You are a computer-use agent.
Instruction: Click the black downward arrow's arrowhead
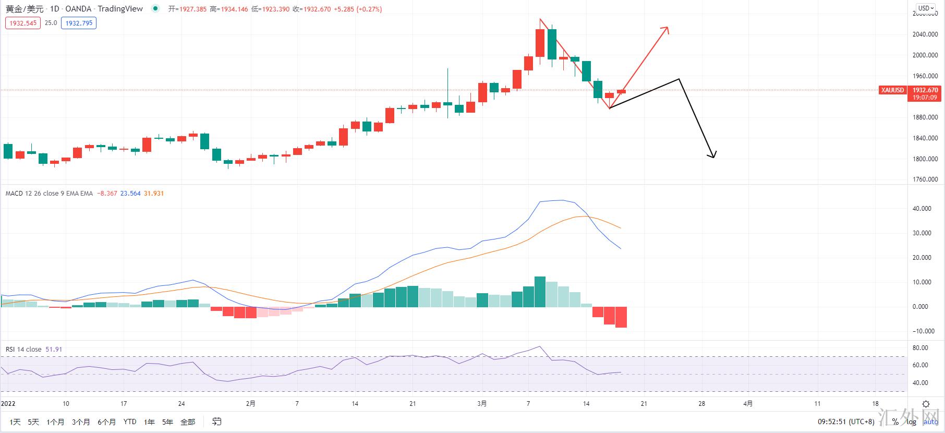point(713,155)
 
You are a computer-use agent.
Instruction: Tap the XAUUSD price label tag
point(892,90)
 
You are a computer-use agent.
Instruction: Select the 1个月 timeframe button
point(55,422)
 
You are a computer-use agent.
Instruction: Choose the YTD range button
point(130,422)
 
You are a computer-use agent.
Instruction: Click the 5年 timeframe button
point(167,422)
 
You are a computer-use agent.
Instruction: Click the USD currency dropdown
point(926,8)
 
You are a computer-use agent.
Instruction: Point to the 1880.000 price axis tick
point(925,117)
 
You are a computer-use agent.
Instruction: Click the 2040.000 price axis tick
point(925,34)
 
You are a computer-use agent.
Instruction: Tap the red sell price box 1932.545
point(23,23)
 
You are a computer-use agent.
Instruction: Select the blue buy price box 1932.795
point(79,23)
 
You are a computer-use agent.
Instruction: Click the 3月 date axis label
point(482,403)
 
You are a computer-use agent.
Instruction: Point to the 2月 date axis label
point(251,403)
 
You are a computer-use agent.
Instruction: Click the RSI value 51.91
point(54,350)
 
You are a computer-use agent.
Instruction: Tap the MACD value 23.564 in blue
point(130,194)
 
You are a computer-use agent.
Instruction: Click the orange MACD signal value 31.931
point(154,194)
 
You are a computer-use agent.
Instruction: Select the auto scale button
point(930,422)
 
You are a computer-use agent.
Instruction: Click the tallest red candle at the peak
point(540,43)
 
